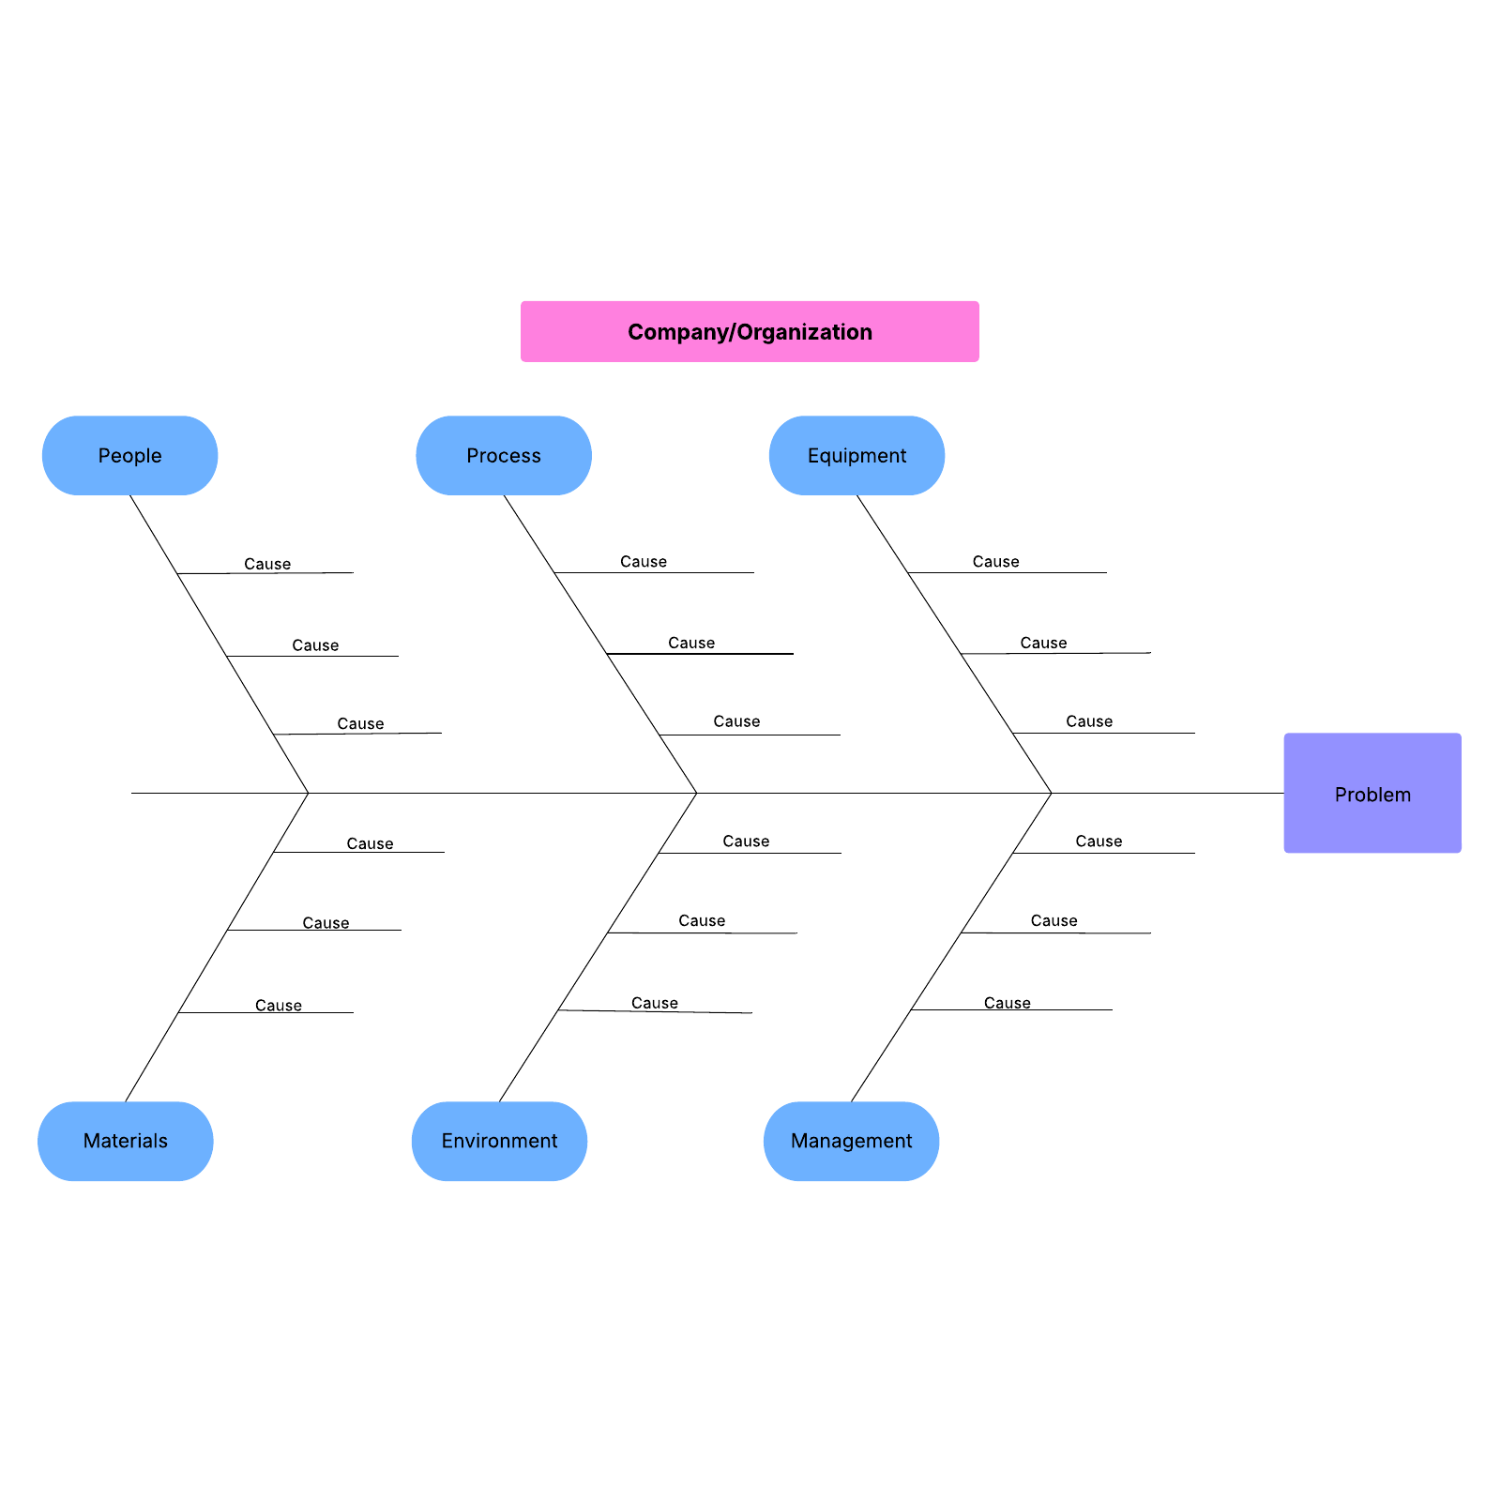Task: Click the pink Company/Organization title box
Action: (750, 331)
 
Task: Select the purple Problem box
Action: (1372, 794)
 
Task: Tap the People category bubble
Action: (129, 456)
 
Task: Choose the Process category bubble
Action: (504, 456)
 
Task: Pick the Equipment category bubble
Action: (857, 456)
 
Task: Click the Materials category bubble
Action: (125, 1141)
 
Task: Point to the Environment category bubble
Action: (499, 1141)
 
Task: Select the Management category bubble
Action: (851, 1141)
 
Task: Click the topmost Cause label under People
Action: (267, 564)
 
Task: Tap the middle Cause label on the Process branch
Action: (691, 643)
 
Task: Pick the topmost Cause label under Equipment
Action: (995, 562)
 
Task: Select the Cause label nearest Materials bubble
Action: (279, 1006)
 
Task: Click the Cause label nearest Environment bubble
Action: (654, 1003)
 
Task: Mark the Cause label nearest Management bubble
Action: (1007, 1003)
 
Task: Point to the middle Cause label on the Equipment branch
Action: (1043, 643)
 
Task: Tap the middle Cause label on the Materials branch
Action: (326, 923)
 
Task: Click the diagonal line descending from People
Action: (202, 614)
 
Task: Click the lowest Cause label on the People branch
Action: (360, 724)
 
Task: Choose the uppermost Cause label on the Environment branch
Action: (746, 841)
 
